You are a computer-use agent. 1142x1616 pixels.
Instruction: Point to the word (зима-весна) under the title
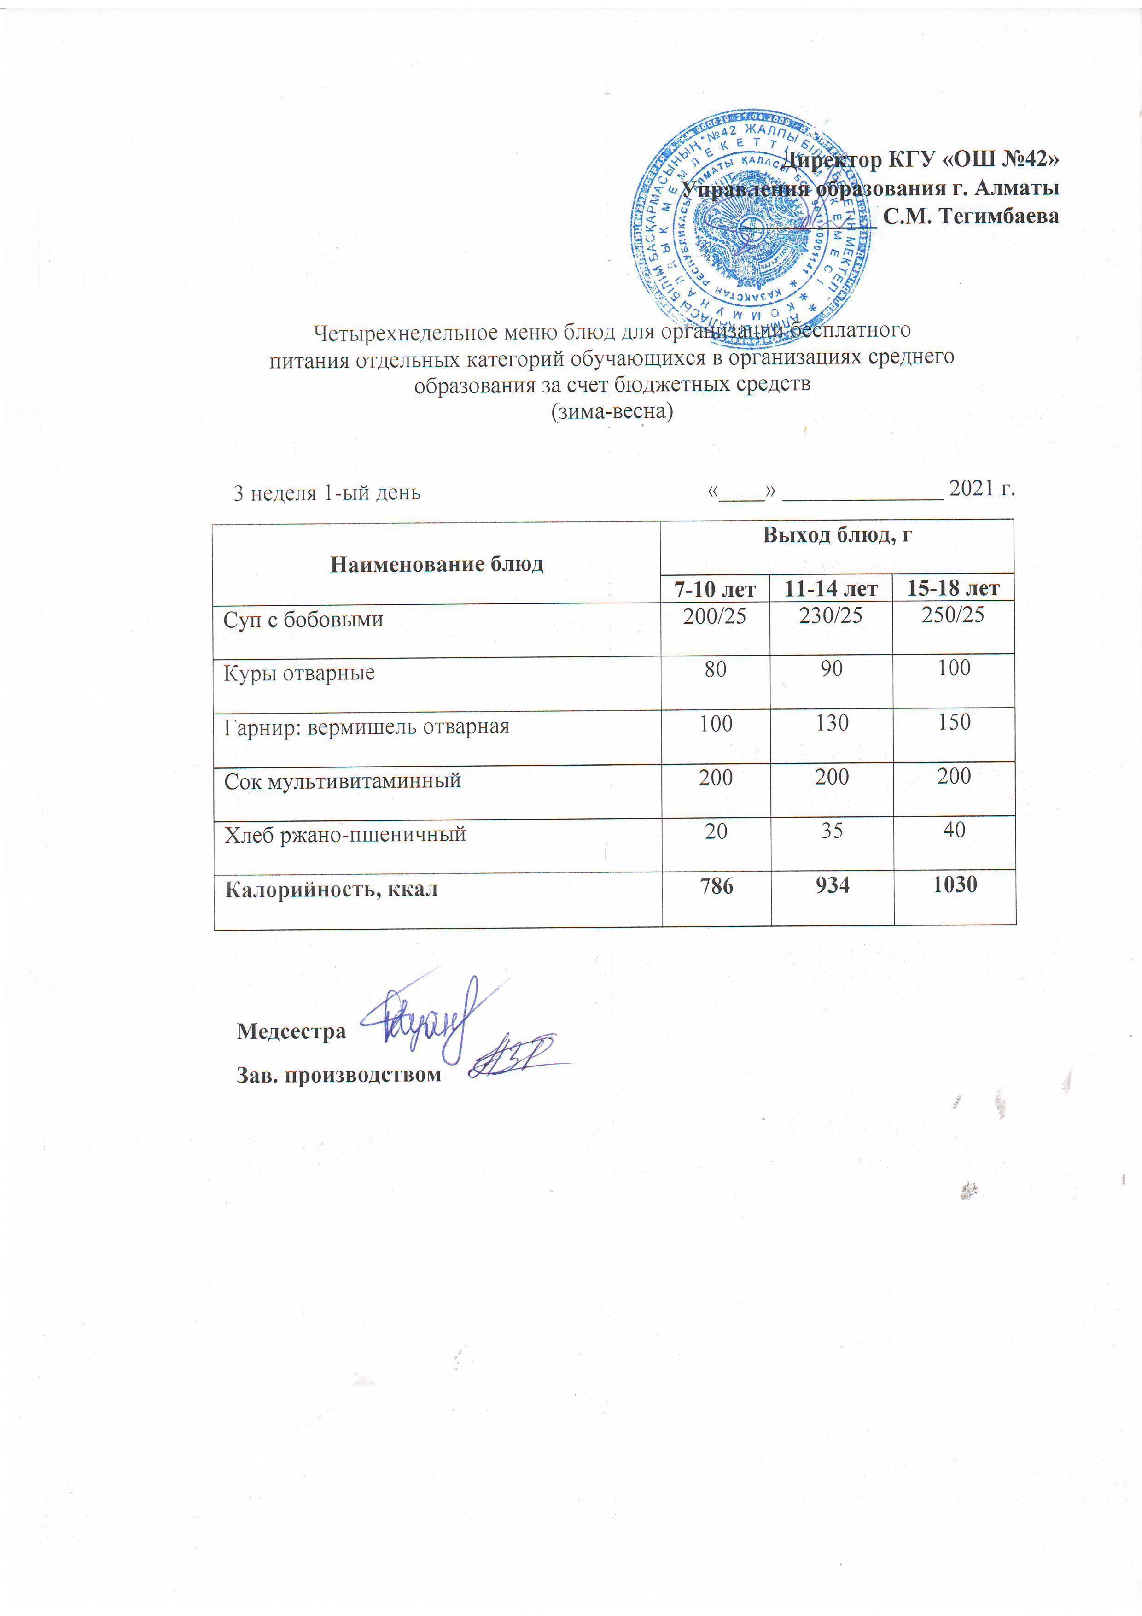pos(612,411)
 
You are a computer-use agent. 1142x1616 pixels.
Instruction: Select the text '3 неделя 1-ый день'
pos(326,493)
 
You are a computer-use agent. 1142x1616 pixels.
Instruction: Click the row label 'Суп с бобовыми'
pos(303,620)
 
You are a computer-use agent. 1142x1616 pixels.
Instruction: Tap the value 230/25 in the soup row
pos(831,616)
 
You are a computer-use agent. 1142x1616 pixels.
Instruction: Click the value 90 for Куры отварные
pos(831,668)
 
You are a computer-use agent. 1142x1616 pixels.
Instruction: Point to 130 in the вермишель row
pos(832,723)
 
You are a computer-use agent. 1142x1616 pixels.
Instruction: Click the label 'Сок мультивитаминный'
pos(342,780)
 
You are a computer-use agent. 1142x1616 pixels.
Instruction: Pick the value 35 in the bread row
pos(832,831)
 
